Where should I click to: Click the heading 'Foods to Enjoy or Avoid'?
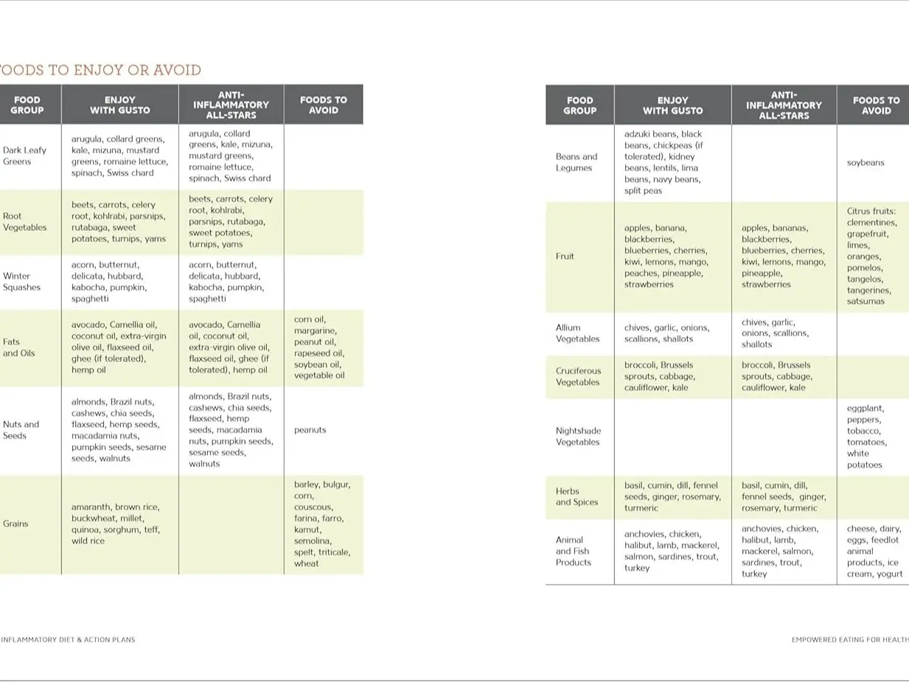coord(100,70)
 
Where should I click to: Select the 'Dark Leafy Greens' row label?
coord(24,156)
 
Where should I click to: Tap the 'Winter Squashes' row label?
coord(21,282)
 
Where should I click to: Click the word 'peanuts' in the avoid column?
coord(310,430)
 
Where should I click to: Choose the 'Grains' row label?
coord(15,523)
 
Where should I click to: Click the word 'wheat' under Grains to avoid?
coord(307,563)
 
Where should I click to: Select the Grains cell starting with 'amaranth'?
coord(116,523)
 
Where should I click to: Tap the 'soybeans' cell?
coord(866,162)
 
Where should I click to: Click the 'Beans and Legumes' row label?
coord(577,162)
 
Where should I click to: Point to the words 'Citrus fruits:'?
coord(871,211)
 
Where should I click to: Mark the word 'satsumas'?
coord(866,301)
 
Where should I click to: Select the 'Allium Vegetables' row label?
coord(577,333)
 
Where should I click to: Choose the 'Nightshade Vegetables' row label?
coord(578,436)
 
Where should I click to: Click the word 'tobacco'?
coord(863,431)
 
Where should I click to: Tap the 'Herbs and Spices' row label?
coord(577,496)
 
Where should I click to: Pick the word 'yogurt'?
coord(889,574)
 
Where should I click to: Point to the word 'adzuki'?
coord(638,134)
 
